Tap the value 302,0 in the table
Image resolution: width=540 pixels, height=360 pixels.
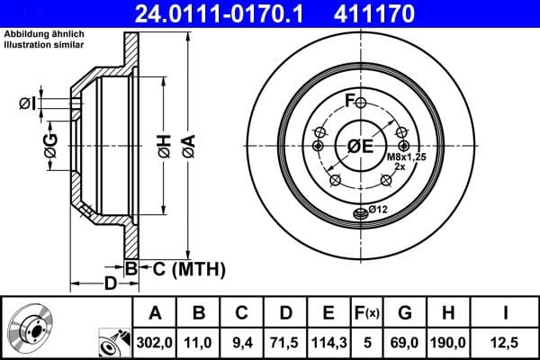click(155, 342)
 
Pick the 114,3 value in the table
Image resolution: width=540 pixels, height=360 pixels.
click(328, 342)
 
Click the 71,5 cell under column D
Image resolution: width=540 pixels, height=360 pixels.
click(285, 342)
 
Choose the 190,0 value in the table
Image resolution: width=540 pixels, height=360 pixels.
click(447, 342)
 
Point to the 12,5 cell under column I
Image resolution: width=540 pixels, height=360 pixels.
click(505, 342)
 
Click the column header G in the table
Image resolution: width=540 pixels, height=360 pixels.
click(404, 313)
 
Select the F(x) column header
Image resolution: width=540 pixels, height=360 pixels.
click(367, 313)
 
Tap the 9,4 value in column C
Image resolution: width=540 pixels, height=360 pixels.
click(242, 342)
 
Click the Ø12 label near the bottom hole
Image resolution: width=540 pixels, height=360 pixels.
click(375, 211)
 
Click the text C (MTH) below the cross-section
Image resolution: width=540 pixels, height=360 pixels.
click(184, 268)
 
